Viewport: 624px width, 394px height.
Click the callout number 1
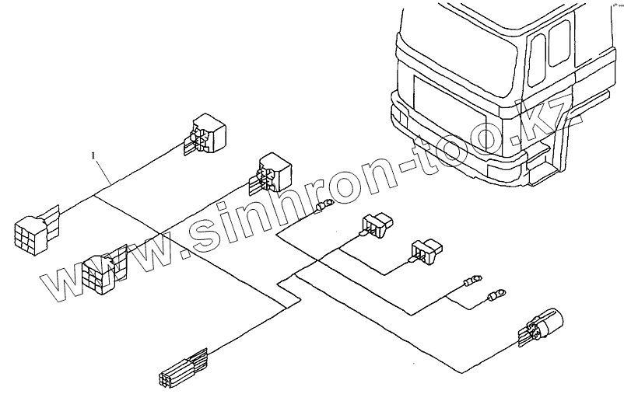[94, 156]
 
